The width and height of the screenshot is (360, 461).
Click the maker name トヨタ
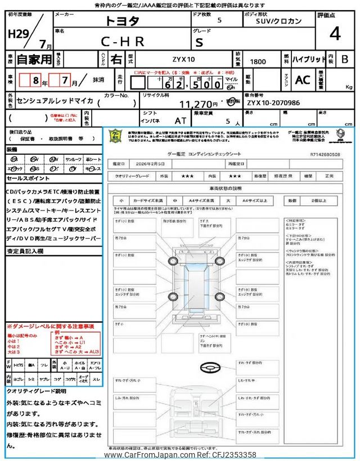[x=122, y=21]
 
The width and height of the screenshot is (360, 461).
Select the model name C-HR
[x=123, y=41]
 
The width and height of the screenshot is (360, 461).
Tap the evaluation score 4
[x=335, y=34]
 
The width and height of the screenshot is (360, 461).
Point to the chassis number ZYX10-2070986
[x=273, y=103]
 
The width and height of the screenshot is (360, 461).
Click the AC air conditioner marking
[x=303, y=80]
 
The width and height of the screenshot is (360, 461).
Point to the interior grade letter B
[x=345, y=59]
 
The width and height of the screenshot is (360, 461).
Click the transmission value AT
[x=181, y=120]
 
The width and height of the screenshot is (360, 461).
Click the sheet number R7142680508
[x=325, y=153]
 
